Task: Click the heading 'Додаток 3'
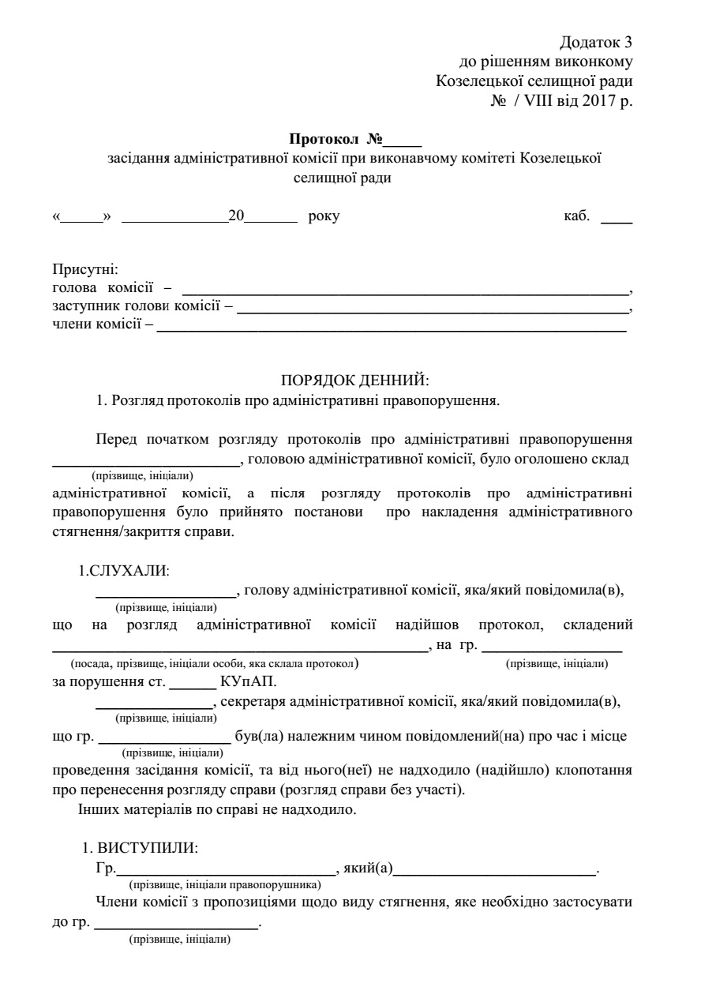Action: pos(596,42)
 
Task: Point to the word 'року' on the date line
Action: pos(324,216)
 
